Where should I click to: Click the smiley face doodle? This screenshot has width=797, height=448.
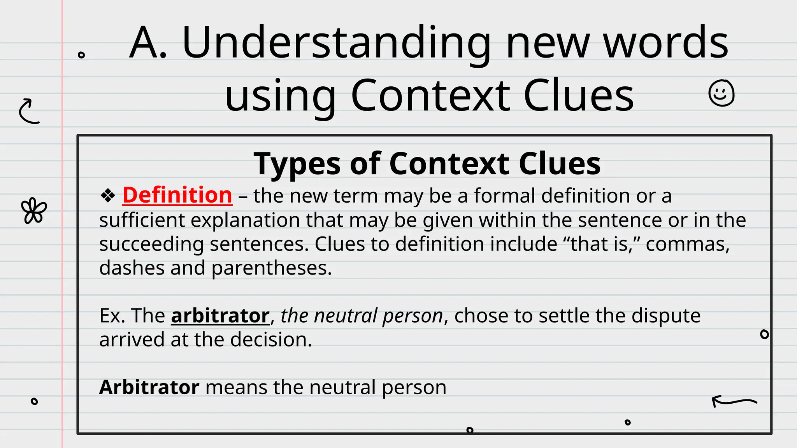tap(721, 93)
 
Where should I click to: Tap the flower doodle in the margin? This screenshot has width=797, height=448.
tap(34, 211)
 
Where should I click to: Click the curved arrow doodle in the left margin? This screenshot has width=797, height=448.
tap(29, 111)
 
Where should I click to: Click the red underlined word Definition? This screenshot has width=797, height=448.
tap(177, 195)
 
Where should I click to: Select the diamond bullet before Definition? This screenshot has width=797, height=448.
tap(108, 195)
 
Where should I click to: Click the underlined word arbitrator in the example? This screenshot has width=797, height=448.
tap(220, 315)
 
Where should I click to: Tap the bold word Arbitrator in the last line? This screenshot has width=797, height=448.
tap(149, 387)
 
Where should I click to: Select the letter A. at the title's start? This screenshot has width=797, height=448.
tap(148, 43)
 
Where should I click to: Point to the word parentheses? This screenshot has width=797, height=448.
tap(271, 268)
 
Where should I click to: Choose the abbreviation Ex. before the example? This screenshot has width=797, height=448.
tap(112, 315)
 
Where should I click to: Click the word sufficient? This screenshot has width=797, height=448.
tap(142, 220)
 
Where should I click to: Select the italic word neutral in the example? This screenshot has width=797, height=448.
tap(346, 315)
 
